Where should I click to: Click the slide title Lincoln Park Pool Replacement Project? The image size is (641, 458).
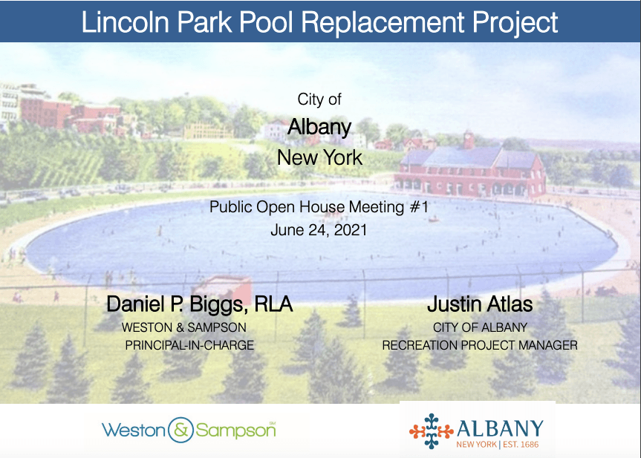click(x=319, y=22)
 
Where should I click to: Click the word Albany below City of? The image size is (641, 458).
click(x=319, y=128)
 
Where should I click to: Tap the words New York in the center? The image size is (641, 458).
click(x=319, y=157)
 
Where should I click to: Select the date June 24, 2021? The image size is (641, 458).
click(x=319, y=230)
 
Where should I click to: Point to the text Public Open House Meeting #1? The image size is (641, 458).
click(x=319, y=207)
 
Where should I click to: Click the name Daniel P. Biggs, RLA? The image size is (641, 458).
click(x=200, y=304)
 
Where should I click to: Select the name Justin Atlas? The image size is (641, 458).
click(x=480, y=304)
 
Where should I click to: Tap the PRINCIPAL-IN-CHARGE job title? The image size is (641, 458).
click(x=189, y=345)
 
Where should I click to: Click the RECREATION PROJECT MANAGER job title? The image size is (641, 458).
click(x=480, y=345)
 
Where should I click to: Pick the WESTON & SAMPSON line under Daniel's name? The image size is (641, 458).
click(x=184, y=327)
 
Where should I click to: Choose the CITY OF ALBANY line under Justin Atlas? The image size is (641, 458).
click(x=480, y=327)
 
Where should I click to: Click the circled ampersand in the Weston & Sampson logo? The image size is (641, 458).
click(x=180, y=431)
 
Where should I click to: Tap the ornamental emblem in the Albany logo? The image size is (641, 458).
click(x=432, y=431)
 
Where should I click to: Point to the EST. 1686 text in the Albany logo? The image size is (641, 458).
click(x=521, y=444)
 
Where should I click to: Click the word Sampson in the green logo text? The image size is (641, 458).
click(x=235, y=431)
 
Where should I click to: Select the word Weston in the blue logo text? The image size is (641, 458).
click(x=134, y=431)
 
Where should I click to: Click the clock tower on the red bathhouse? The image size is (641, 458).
click(x=469, y=140)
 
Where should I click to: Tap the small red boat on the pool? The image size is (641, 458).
click(x=433, y=220)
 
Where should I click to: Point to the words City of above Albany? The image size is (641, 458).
click(x=319, y=99)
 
